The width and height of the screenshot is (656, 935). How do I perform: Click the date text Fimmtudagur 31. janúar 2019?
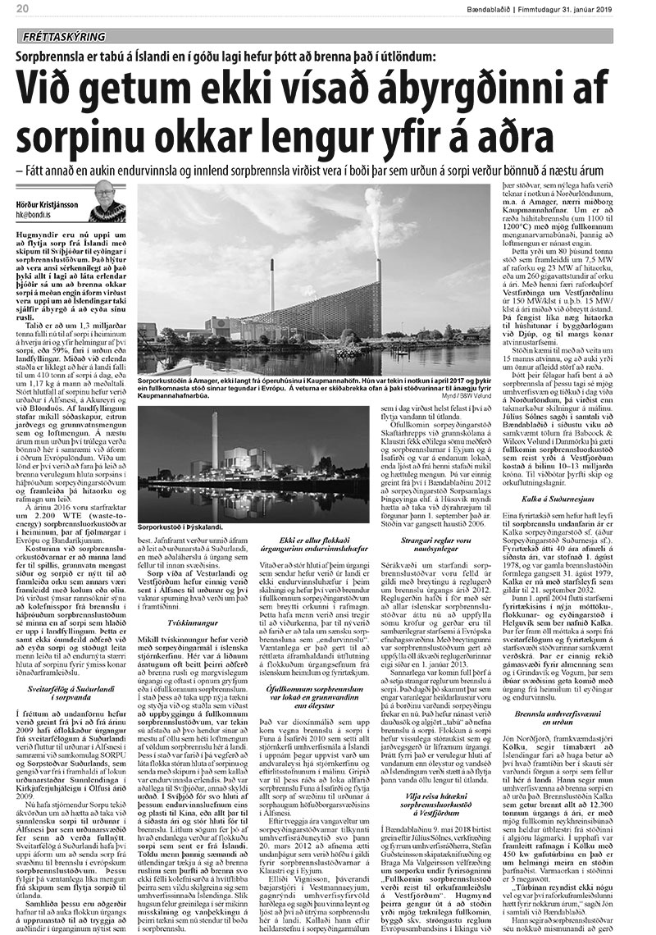592,9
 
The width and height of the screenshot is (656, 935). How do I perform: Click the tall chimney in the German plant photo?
214,443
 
